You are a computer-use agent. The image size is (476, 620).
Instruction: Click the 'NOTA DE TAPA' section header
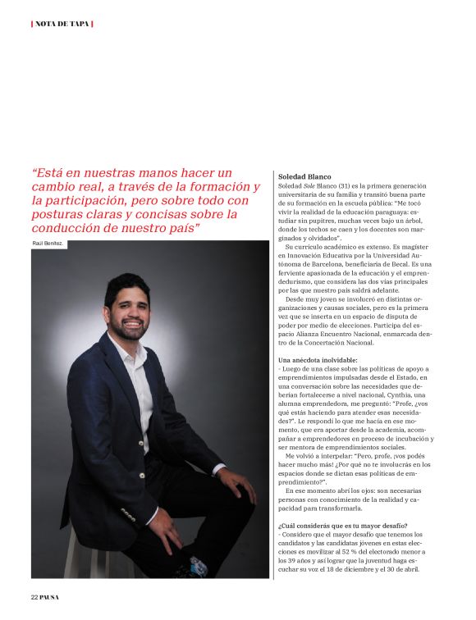62,23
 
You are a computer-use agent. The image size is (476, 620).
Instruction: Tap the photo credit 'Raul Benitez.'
48,244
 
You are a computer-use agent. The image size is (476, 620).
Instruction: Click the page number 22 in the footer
35,596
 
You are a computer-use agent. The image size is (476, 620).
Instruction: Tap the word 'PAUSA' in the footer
50,596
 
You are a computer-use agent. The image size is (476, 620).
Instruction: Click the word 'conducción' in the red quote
67,228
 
